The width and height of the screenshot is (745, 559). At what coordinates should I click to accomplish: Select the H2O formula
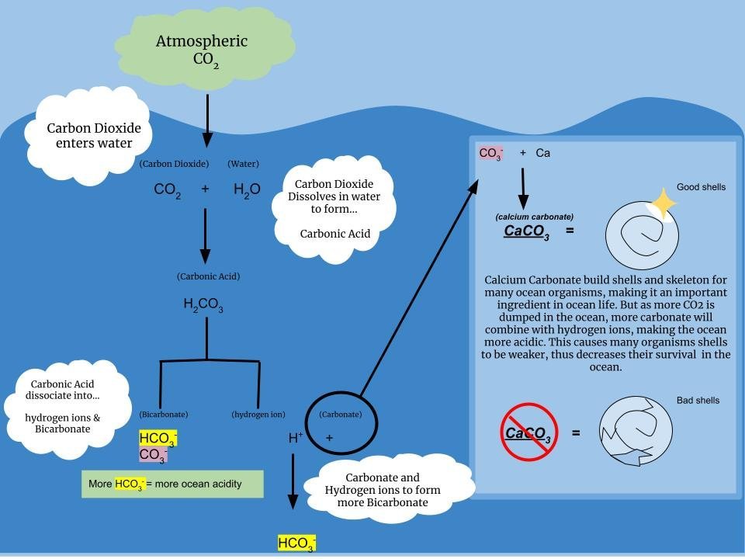247,189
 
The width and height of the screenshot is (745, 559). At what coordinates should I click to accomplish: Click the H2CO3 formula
203,305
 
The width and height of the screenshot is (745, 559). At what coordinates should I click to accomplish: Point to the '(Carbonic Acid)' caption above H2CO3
208,276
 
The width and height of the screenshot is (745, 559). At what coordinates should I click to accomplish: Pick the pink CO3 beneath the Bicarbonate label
153,455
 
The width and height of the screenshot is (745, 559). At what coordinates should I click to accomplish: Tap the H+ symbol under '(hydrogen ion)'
296,438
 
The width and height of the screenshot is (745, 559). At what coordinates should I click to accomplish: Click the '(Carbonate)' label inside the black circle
341,415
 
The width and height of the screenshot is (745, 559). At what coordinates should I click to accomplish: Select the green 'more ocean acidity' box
172,484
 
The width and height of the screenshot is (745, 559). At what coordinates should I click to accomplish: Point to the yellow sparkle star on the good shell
663,204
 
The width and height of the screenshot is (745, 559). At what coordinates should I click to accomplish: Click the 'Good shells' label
701,187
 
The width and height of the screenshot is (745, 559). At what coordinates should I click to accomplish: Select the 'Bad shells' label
698,401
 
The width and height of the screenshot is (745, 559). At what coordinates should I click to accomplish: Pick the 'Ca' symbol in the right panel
543,153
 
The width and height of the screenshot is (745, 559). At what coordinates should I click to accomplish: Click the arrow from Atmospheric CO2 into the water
207,120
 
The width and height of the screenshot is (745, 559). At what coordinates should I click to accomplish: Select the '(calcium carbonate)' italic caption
535,217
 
